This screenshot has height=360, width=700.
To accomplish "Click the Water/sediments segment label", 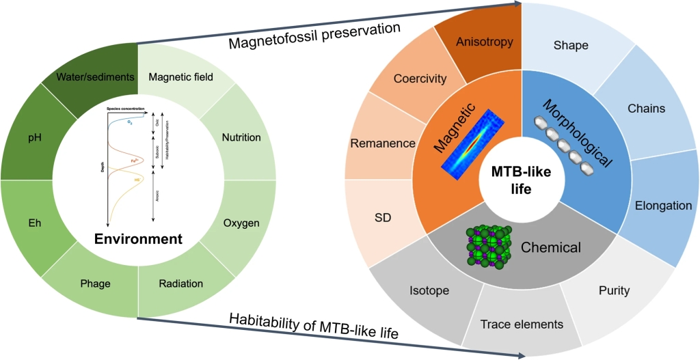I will (x=95, y=77).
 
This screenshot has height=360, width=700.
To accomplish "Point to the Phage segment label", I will (x=95, y=283).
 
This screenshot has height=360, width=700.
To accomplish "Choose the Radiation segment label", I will (x=180, y=283).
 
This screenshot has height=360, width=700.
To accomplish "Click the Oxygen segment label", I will (x=241, y=223).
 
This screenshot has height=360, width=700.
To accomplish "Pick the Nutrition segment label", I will (x=241, y=137).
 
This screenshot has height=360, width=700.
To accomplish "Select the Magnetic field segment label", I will (x=180, y=77).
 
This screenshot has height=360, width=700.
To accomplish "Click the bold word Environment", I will (x=138, y=239).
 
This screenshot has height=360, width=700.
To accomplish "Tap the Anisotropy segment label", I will (x=484, y=42).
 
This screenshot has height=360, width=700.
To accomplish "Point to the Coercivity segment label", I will (x=420, y=79).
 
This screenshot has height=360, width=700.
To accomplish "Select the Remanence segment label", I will (x=383, y=143).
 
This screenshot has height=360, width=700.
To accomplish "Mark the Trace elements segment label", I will (x=522, y=324).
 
